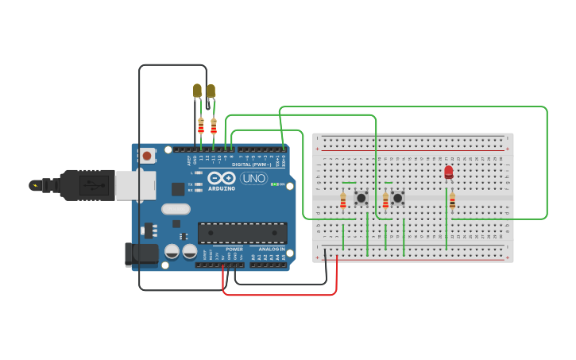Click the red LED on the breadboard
pyautogui.click(x=449, y=172)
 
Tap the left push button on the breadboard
pyautogui.click(x=361, y=197)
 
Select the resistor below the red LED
pyautogui.click(x=452, y=201)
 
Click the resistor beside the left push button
pyautogui.click(x=343, y=201)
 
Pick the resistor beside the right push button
pyautogui.click(x=386, y=201)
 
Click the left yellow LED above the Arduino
pyautogui.click(x=197, y=91)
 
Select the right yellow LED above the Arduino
pyautogui.click(x=211, y=91)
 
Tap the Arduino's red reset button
pyautogui.click(x=146, y=156)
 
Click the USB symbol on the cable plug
pyautogui.click(x=95, y=185)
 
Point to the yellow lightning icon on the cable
pyautogui.click(x=34, y=185)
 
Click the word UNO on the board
pyautogui.click(x=253, y=178)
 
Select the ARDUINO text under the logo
pyautogui.click(x=222, y=189)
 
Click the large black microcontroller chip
pyautogui.click(x=242, y=233)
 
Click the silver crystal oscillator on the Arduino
pyautogui.click(x=176, y=210)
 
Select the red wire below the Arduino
pyautogui.click(x=278, y=295)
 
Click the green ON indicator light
pyautogui.click(x=273, y=184)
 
